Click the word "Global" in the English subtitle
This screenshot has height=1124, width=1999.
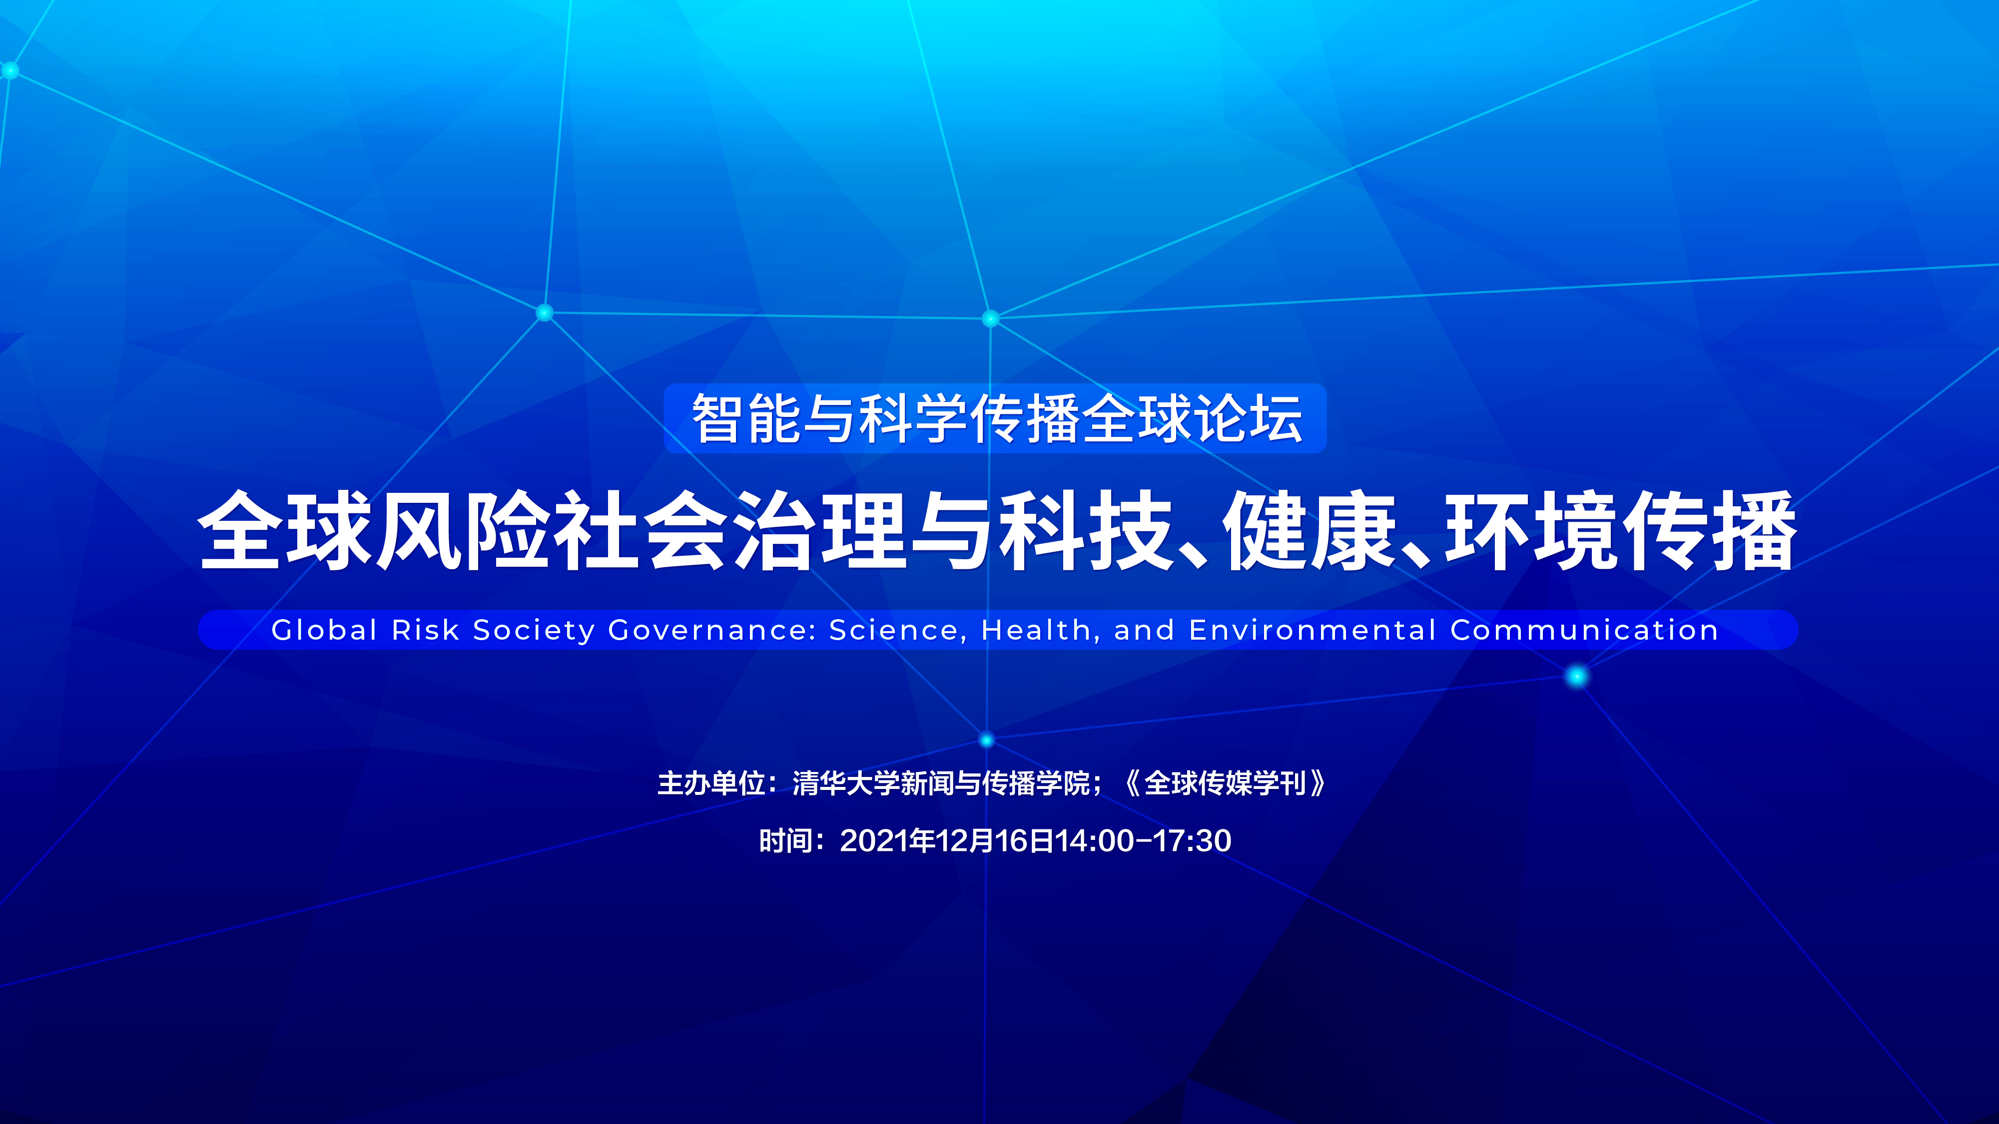pyautogui.click(x=324, y=630)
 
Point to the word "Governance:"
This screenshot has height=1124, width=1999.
pyautogui.click(x=712, y=630)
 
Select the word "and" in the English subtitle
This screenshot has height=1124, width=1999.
pyautogui.click(x=1145, y=630)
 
